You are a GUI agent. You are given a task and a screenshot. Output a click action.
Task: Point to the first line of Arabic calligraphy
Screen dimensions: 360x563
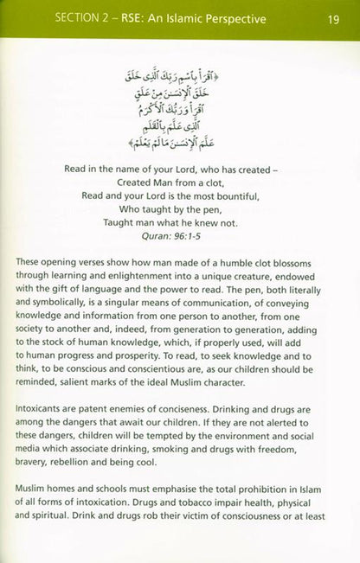(x=179, y=67)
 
